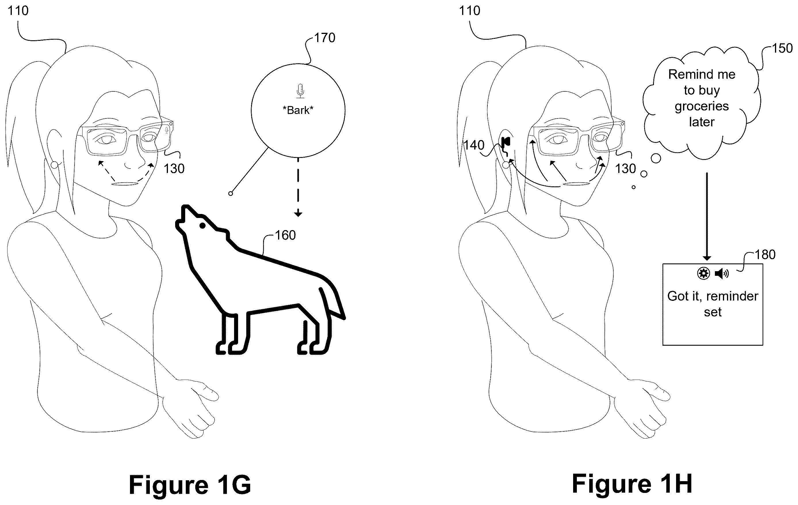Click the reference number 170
325,38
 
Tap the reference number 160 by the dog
285,235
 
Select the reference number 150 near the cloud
782,48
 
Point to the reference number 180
765,255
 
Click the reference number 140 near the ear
474,145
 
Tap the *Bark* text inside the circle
298,110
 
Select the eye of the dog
202,226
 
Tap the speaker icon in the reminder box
722,274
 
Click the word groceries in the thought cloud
702,106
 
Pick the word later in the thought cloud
702,122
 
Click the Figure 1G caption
190,485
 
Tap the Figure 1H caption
632,484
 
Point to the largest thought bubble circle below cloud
656,158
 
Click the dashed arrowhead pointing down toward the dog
298,214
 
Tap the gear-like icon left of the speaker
703,274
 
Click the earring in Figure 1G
54,165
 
